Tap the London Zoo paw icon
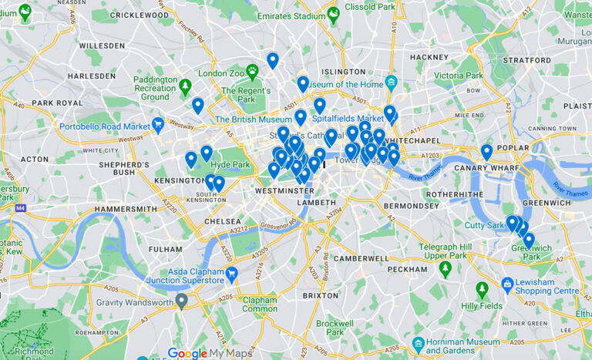pyautogui.click(x=252, y=71)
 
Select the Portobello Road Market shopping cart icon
pyautogui.click(x=158, y=123)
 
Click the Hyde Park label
pyautogui.click(x=230, y=164)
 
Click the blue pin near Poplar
pyautogui.click(x=486, y=151)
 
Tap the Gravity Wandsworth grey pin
pyautogui.click(x=181, y=301)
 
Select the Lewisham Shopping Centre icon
pyautogui.click(x=507, y=284)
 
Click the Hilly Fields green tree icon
pyautogui.click(x=482, y=290)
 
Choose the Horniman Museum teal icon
pyautogui.click(x=419, y=343)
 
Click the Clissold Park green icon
pyautogui.click(x=333, y=14)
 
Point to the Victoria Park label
pyautogui.click(x=458, y=76)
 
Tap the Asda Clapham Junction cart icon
pyautogui.click(x=231, y=273)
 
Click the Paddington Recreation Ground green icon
pyautogui.click(x=185, y=86)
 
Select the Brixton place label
pyautogui.click(x=320, y=295)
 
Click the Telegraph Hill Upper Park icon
pyautogui.click(x=445, y=268)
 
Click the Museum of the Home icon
pyautogui.click(x=392, y=82)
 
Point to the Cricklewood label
pyautogui.click(x=140, y=15)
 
